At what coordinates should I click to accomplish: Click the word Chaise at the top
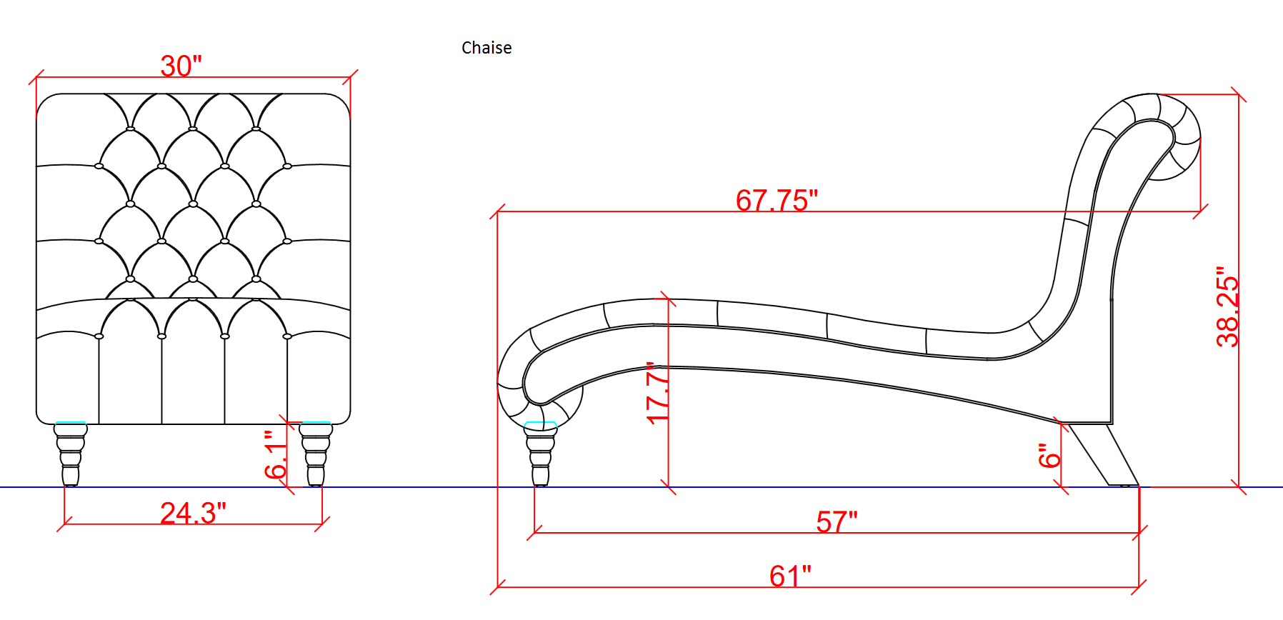point(486,48)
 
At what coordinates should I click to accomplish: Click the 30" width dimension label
point(181,66)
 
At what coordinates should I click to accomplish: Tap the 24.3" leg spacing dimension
point(193,513)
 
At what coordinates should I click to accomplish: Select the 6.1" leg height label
point(276,454)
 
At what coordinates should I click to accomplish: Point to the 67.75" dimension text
point(777,201)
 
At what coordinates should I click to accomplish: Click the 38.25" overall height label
point(1227,307)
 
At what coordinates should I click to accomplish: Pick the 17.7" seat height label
point(658,393)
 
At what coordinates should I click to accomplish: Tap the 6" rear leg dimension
point(1049,456)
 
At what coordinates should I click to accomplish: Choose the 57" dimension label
point(837,522)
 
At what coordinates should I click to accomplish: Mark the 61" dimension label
point(790,576)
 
